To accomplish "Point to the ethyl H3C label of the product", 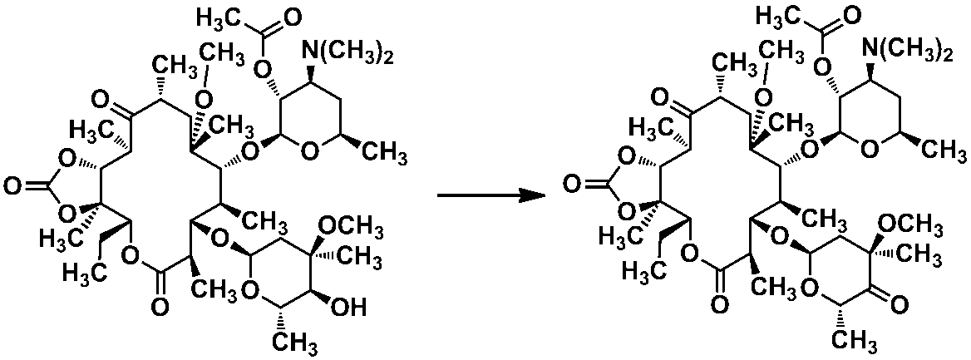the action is (x=639, y=271).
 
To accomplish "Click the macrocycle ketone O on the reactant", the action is (x=101, y=98).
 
